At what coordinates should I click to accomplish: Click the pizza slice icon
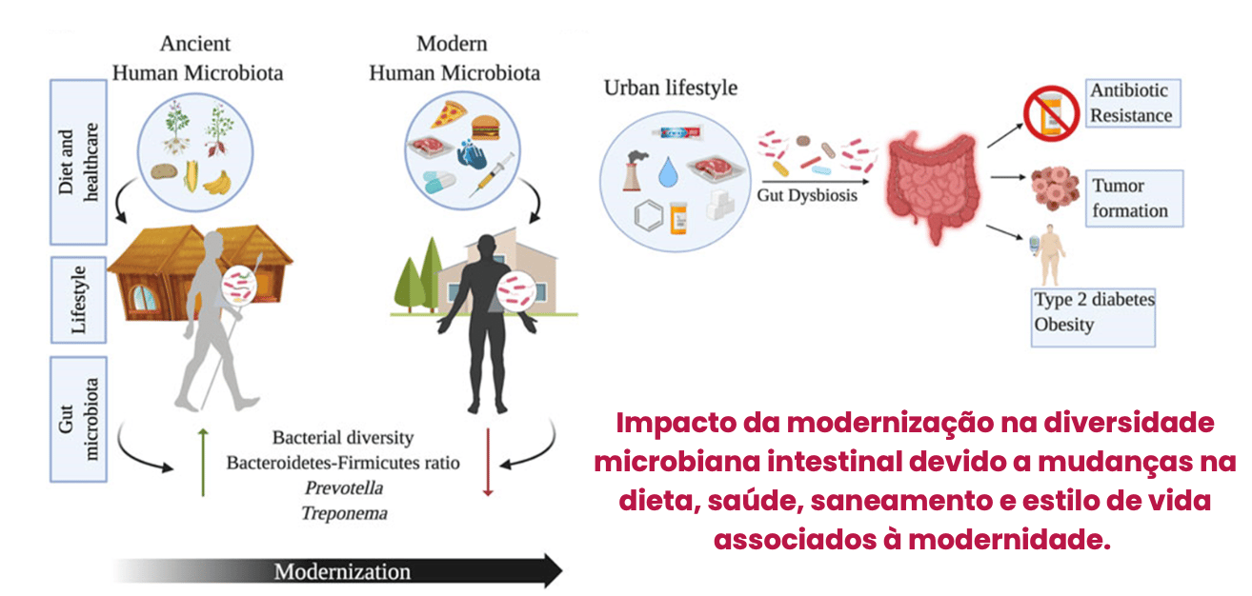[x=445, y=116]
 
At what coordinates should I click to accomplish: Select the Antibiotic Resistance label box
[x=1132, y=103]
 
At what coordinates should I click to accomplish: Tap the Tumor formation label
[x=1133, y=198]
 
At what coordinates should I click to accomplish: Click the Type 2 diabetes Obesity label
[x=1095, y=312]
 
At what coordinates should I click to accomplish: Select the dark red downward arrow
[x=488, y=463]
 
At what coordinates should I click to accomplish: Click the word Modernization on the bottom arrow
[x=342, y=572]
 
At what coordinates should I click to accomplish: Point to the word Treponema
[x=344, y=513]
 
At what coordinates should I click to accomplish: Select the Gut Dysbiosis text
[x=807, y=195]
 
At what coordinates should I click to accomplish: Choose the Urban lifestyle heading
[x=671, y=89]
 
